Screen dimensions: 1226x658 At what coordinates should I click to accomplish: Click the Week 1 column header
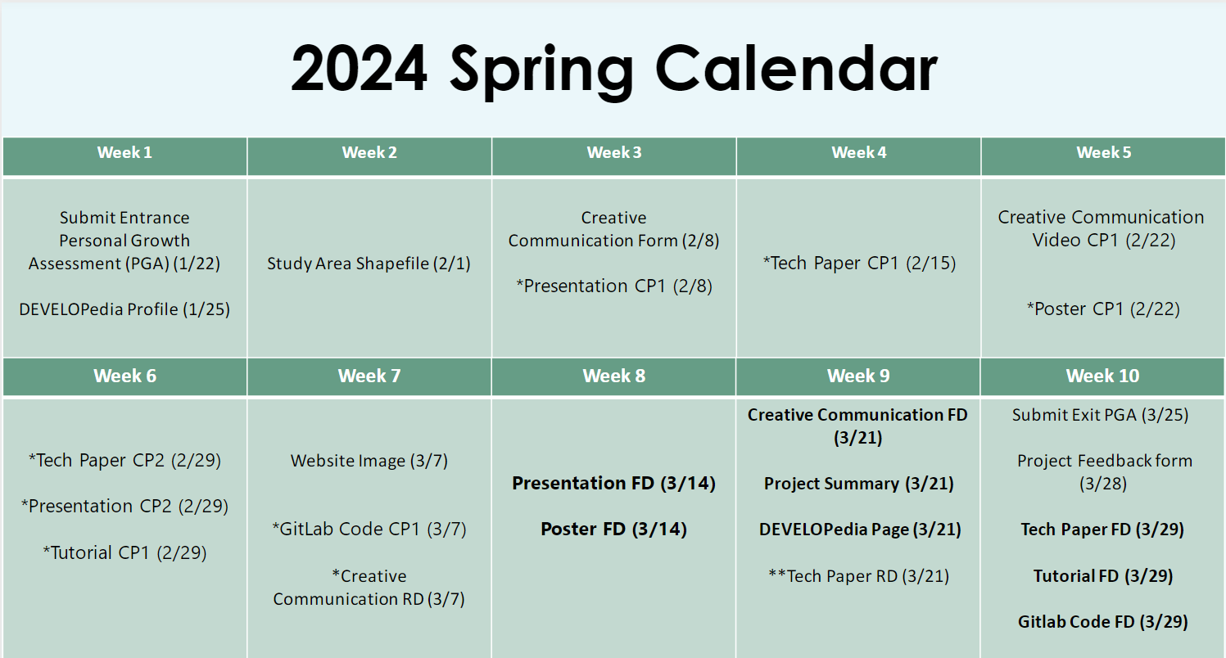[124, 156]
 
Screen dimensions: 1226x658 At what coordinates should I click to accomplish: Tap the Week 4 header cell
[858, 156]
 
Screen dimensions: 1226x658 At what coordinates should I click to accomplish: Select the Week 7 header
[369, 376]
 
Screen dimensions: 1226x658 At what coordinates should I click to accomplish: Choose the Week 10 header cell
[1102, 376]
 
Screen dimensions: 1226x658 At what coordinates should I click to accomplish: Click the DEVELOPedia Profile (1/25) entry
[124, 309]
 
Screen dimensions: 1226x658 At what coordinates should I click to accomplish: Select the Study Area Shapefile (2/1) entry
[369, 264]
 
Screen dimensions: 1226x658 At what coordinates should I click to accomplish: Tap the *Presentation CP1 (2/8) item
[614, 286]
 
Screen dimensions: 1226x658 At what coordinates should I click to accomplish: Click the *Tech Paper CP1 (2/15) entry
[859, 263]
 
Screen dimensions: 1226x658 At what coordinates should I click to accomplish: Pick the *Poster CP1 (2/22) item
[1103, 309]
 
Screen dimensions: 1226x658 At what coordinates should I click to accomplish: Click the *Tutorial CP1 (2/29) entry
[124, 553]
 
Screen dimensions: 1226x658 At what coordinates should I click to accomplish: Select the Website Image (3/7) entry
[369, 461]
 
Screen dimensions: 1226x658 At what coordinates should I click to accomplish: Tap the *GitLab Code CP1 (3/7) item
[369, 530]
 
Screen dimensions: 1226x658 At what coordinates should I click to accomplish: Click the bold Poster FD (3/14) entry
[613, 530]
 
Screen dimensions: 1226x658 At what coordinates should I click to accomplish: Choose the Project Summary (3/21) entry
[859, 484]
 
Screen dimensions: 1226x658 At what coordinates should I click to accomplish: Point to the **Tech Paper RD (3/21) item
[859, 576]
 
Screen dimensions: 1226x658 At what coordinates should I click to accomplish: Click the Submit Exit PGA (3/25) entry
[1100, 415]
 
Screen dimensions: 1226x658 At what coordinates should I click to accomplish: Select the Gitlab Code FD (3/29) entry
[1103, 622]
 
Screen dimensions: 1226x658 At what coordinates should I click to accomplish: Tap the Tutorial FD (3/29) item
[1103, 576]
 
